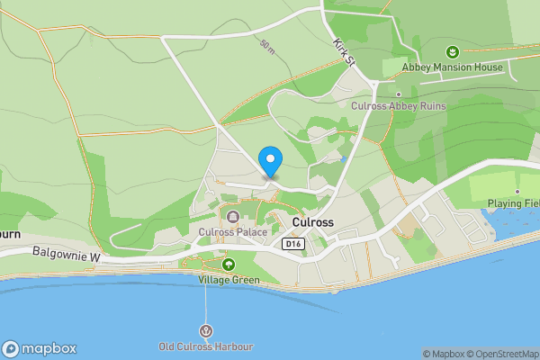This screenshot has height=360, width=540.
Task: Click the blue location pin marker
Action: (270, 159)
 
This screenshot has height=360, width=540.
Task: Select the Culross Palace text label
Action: (233, 231)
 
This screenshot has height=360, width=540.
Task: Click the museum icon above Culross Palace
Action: (233, 216)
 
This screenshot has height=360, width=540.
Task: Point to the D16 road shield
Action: (292, 244)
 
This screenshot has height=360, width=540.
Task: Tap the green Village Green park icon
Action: (228, 265)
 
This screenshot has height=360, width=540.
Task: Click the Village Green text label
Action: (229, 280)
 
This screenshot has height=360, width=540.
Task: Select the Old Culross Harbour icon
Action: (207, 331)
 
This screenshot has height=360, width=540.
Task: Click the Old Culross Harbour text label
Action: (206, 346)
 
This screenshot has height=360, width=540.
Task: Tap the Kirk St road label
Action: (345, 50)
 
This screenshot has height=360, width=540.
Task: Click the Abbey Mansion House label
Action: (452, 67)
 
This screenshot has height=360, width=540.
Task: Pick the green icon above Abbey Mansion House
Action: (453, 51)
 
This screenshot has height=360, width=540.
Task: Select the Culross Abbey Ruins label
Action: (398, 106)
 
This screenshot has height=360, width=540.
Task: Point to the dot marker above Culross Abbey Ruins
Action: (398, 94)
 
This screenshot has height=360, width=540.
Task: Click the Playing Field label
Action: (513, 203)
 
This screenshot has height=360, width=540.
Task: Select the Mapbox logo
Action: (39, 349)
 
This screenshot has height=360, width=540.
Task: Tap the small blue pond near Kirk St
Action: (343, 159)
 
